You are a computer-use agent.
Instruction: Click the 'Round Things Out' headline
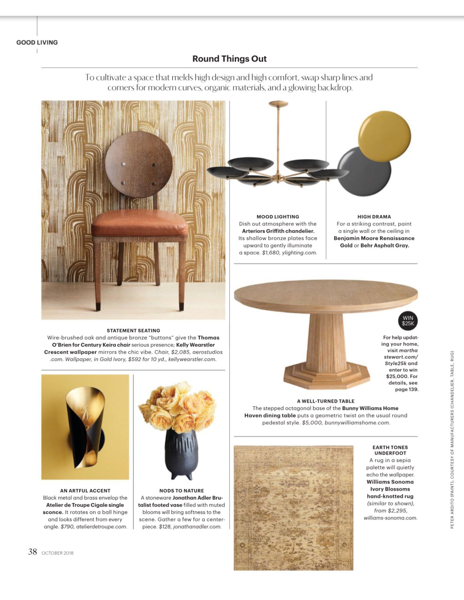[230, 59]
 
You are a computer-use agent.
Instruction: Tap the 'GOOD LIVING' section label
[37, 42]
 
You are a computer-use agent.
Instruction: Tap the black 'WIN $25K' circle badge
[408, 321]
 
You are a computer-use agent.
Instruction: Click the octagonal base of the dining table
[326, 376]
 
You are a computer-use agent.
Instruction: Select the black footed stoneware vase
[181, 453]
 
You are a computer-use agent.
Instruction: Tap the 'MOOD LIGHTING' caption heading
[278, 217]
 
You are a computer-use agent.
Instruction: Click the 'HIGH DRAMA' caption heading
[374, 217]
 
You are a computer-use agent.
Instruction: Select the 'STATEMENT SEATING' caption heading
[133, 330]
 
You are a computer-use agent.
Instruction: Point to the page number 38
[32, 552]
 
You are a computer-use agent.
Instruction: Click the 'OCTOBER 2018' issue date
[58, 553]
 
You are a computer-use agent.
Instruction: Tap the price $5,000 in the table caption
[312, 423]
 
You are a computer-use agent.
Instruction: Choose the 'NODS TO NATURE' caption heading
[182, 491]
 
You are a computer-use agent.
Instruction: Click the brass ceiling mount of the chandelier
[278, 104]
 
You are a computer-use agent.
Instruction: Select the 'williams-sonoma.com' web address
[390, 518]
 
